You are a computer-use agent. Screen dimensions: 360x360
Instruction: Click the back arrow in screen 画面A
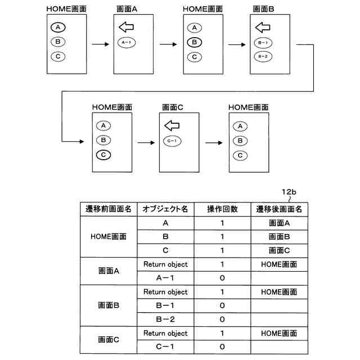[126, 27]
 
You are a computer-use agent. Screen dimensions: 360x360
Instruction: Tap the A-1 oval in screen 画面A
[126, 42]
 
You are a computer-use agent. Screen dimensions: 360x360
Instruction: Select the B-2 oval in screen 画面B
[263, 56]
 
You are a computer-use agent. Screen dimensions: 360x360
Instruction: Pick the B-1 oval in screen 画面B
[263, 42]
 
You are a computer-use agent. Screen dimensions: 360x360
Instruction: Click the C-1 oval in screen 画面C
[172, 141]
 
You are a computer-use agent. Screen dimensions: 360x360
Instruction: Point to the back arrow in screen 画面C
[172, 125]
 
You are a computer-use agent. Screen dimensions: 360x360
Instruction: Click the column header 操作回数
[223, 209]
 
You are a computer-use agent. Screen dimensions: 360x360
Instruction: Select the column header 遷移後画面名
[280, 209]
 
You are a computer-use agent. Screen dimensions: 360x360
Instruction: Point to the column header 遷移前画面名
[108, 209]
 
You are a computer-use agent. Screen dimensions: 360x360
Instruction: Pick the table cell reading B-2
[165, 319]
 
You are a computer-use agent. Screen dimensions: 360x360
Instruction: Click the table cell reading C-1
[165, 347]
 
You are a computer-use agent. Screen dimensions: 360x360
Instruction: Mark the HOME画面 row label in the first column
[108, 237]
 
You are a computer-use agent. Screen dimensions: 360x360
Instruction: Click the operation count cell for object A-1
[223, 278]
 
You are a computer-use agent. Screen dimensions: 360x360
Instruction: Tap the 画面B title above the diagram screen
[262, 8]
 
